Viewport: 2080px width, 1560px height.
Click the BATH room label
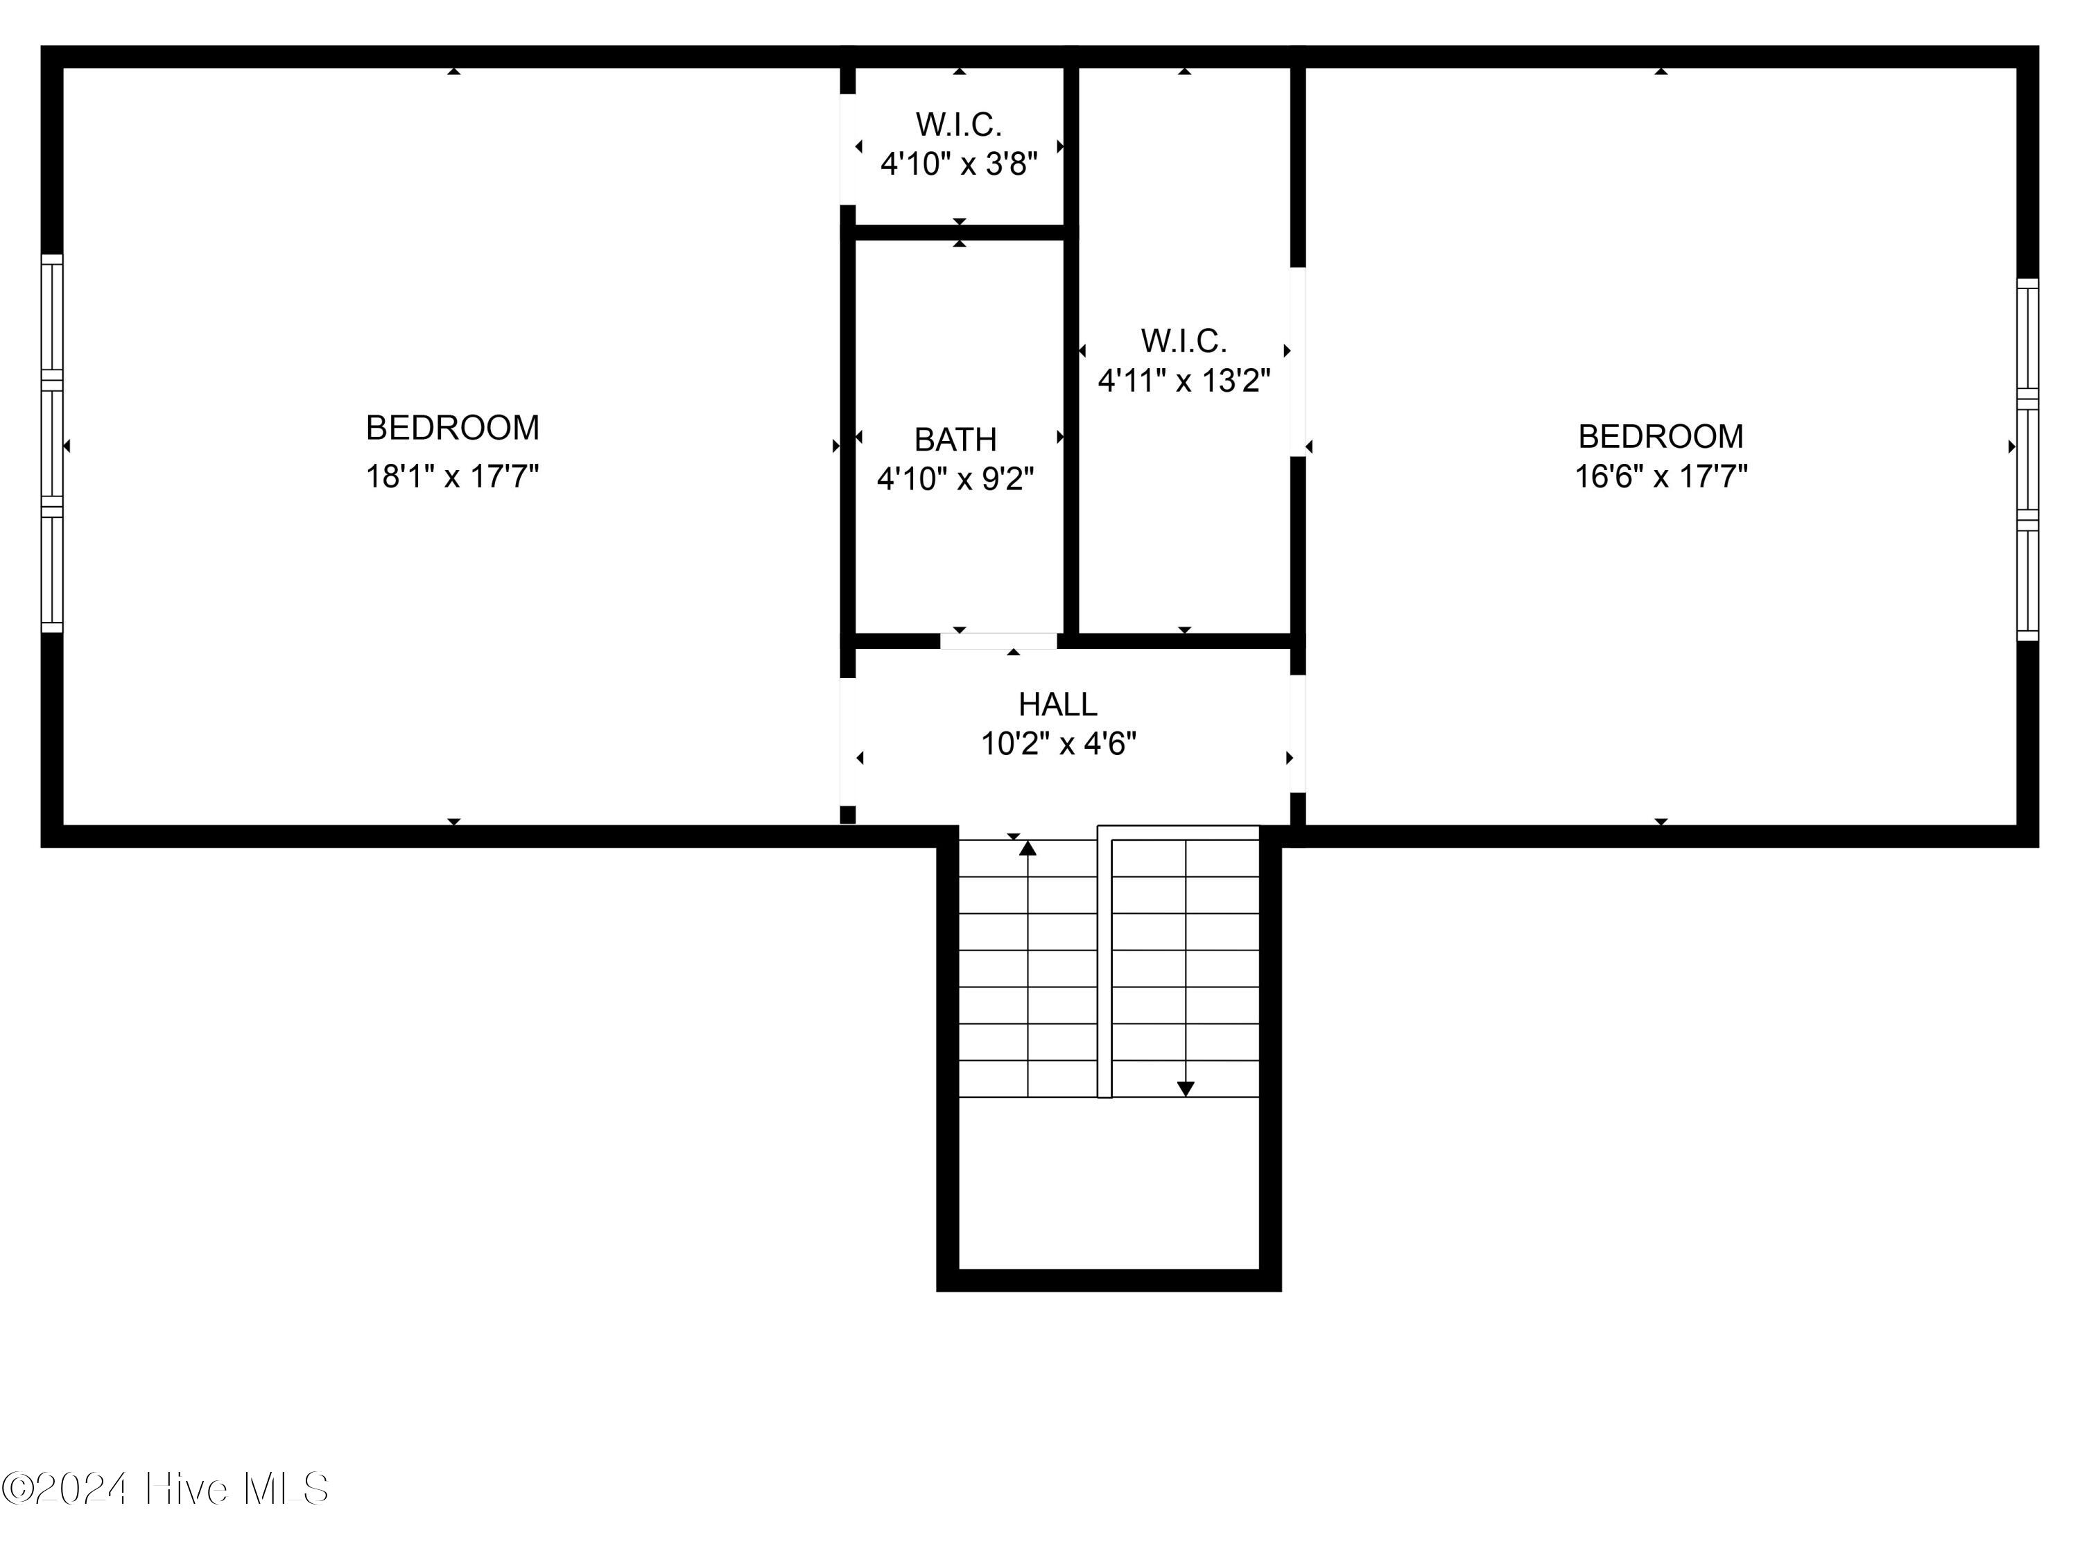(x=955, y=439)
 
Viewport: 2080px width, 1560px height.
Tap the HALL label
(x=1058, y=704)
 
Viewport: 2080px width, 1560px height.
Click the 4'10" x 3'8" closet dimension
(x=959, y=164)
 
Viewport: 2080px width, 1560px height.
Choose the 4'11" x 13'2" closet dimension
(x=1184, y=381)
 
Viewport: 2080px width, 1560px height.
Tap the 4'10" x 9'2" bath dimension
(x=955, y=478)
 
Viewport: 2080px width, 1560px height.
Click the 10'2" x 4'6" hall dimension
(x=1059, y=744)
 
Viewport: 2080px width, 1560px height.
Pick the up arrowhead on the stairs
(x=1028, y=848)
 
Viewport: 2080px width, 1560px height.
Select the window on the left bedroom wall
(x=52, y=444)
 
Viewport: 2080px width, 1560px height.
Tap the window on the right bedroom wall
(x=2027, y=460)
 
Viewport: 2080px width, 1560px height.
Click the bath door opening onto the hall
(x=998, y=641)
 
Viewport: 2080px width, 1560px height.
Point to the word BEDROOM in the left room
(x=452, y=428)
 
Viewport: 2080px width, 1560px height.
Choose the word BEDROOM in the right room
(x=1661, y=436)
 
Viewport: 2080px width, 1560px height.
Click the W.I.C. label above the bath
(x=959, y=124)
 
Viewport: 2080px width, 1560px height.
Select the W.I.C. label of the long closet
(x=1184, y=340)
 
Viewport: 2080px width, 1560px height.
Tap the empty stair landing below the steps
(x=1109, y=1183)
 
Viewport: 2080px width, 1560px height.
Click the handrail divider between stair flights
(x=1105, y=962)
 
